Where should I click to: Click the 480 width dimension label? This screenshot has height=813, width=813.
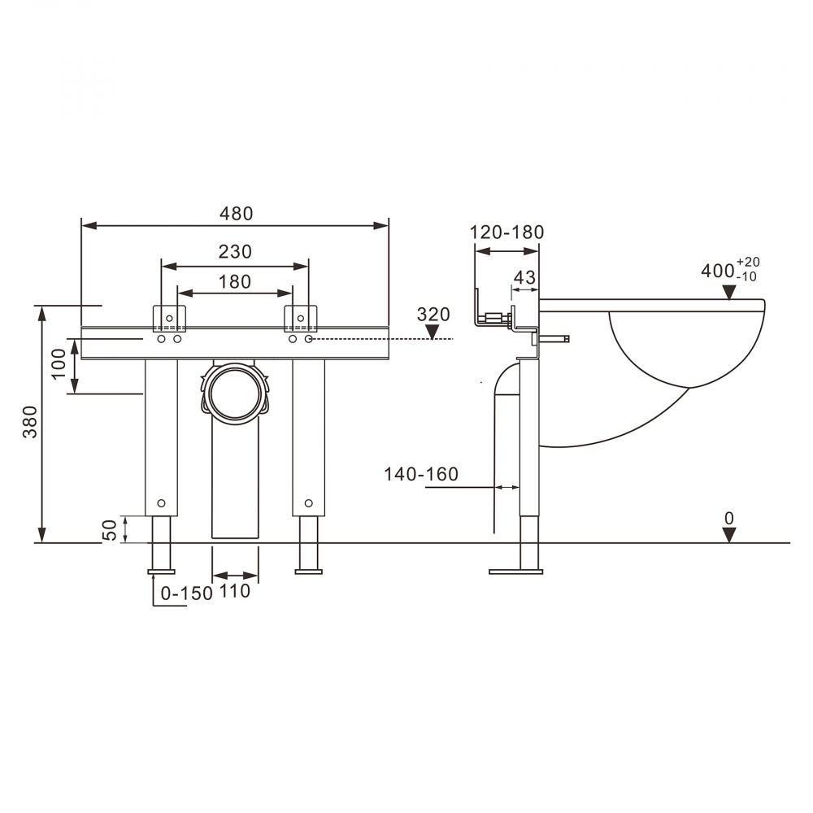[237, 214]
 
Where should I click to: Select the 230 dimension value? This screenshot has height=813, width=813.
[235, 252]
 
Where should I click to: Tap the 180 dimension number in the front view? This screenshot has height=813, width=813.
[235, 282]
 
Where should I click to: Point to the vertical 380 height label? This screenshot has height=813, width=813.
[29, 422]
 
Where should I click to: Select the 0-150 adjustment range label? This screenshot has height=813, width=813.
[186, 593]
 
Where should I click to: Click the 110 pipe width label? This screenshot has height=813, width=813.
[235, 592]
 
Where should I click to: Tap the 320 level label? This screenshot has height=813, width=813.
[433, 315]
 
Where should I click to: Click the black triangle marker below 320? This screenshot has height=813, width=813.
[433, 332]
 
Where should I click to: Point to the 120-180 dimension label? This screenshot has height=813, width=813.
[506, 233]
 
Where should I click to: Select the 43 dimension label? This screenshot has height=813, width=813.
[524, 277]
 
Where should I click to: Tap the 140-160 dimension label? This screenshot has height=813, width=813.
[421, 474]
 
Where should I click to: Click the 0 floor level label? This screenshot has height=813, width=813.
[729, 517]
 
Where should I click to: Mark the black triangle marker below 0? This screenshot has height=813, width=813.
[729, 534]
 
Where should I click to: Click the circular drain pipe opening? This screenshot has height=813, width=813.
[235, 393]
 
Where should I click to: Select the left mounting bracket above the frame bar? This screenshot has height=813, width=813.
[170, 318]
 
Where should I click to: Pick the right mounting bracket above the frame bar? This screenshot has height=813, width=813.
[300, 318]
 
